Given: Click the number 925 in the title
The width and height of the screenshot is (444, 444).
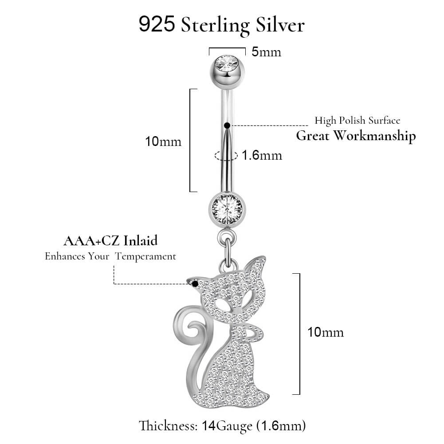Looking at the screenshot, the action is click(157, 24).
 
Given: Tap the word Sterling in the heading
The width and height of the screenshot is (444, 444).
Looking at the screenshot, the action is click(215, 25).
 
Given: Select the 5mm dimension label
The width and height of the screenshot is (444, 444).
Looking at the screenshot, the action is click(267, 52).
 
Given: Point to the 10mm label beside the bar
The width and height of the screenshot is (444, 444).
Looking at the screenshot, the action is click(163, 141).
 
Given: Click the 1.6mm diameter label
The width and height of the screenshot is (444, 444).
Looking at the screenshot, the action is click(262, 155).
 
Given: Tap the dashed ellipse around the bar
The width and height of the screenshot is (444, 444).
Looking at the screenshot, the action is click(226, 155).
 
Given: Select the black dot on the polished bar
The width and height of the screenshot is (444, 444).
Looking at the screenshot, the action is click(227, 125).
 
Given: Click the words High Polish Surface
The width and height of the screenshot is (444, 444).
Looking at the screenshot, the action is click(358, 121).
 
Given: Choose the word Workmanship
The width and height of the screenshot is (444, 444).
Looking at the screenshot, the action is click(374, 136).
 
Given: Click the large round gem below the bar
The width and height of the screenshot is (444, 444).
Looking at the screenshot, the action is click(228, 209).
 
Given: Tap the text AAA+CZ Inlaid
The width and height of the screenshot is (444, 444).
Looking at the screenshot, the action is click(110, 241).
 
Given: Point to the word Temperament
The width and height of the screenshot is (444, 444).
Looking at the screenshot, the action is click(145, 256).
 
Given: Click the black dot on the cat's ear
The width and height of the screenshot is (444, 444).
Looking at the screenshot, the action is click(195, 284).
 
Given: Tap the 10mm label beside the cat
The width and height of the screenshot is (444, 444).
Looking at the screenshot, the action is click(326, 332).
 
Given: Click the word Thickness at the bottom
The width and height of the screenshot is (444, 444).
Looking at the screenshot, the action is click(168, 426).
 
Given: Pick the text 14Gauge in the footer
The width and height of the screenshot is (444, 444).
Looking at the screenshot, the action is click(227, 426).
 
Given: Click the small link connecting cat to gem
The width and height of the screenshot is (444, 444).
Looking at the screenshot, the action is click(227, 249).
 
